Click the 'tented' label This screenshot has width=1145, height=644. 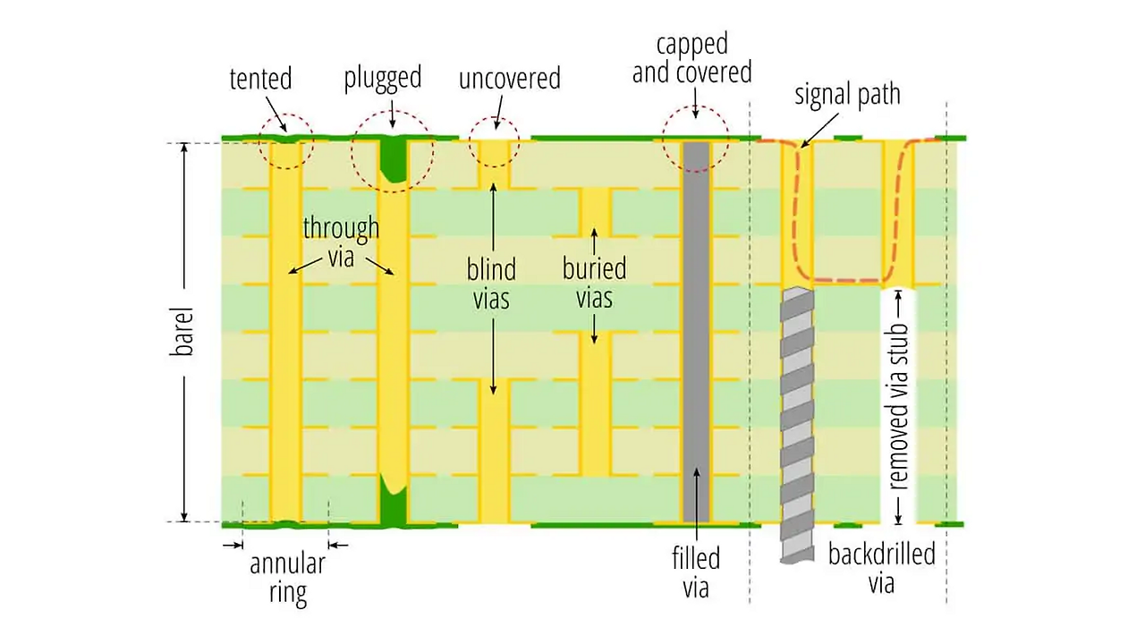pos(260,79)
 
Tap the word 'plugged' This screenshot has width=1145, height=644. pos(382,78)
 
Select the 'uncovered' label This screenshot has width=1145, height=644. pos(509,79)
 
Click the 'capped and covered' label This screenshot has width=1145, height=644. pos(691,58)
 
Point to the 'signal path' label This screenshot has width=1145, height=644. pos(847,95)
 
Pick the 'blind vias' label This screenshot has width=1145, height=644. pos(491,283)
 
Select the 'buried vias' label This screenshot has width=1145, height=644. pos(594,283)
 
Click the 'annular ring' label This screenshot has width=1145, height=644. pos(287,578)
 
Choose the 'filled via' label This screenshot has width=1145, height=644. pos(695,572)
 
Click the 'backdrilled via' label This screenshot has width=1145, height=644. pos(881,568)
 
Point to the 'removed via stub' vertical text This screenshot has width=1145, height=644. pos(900,405)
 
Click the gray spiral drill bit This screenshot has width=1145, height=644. pos(797,420)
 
